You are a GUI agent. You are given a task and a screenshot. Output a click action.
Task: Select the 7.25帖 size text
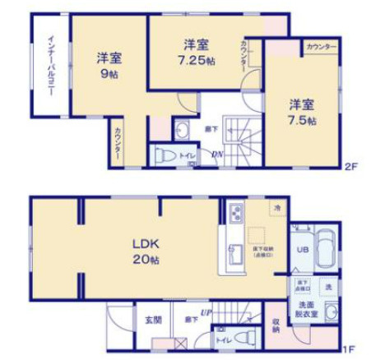[x=200, y=60]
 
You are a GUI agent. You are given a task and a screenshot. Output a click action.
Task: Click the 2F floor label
[x=350, y=166]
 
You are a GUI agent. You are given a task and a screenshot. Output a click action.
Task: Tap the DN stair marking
[x=216, y=154]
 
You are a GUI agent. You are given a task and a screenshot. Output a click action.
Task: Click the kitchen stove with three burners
[x=234, y=213]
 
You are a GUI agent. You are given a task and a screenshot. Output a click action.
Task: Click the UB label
[x=302, y=250]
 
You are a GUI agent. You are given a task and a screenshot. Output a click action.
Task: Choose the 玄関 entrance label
[x=154, y=320]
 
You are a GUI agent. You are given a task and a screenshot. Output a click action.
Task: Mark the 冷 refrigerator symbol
[x=277, y=206]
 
